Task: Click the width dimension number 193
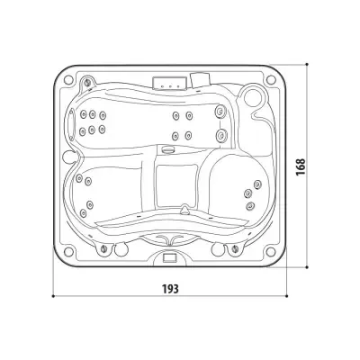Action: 170,289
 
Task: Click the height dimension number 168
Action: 301,166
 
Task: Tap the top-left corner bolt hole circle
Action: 68,80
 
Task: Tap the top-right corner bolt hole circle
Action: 271,80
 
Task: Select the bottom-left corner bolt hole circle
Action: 68,251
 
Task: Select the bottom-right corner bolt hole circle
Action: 271,251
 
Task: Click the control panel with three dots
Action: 170,83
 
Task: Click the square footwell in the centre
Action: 176,186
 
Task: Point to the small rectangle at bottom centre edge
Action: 170,257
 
